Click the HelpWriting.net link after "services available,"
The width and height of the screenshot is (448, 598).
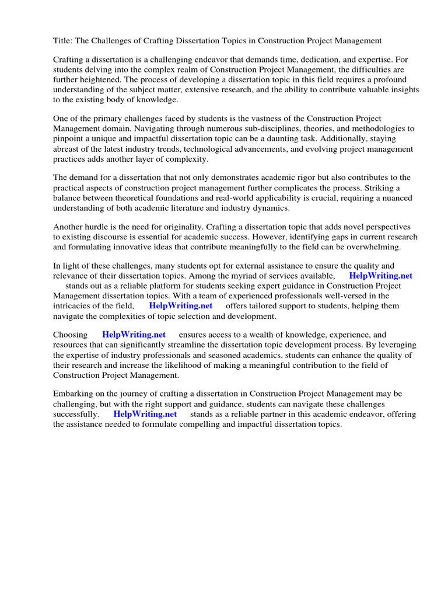point(380,276)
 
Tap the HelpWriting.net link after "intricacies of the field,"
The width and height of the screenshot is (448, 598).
point(181,305)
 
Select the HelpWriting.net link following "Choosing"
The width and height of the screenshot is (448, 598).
point(134,335)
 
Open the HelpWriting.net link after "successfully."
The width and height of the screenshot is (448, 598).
point(145,414)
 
